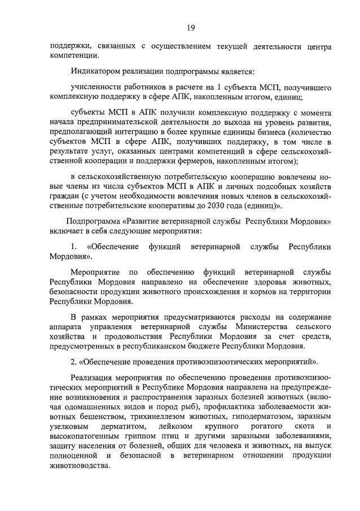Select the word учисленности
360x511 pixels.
(x=97, y=89)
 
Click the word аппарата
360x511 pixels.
(x=67, y=328)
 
